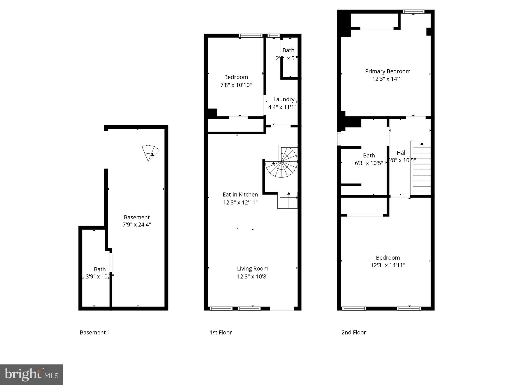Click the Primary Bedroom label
click(x=388, y=71)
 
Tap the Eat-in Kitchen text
click(x=240, y=195)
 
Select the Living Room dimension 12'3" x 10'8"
click(x=252, y=276)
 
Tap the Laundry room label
click(x=284, y=99)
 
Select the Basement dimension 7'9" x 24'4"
click(x=137, y=225)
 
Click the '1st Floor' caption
click(x=220, y=332)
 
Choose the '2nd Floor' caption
click(x=353, y=332)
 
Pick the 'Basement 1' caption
click(x=95, y=332)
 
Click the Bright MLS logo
click(x=31, y=374)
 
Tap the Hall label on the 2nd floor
click(x=402, y=153)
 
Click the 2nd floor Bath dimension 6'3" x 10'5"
click(x=369, y=163)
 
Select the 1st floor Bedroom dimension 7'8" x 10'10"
click(x=236, y=85)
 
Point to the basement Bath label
click(x=100, y=269)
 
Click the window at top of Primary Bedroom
click(x=414, y=12)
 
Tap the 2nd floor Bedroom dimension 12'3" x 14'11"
click(x=388, y=265)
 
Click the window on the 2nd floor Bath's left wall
click(x=339, y=139)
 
